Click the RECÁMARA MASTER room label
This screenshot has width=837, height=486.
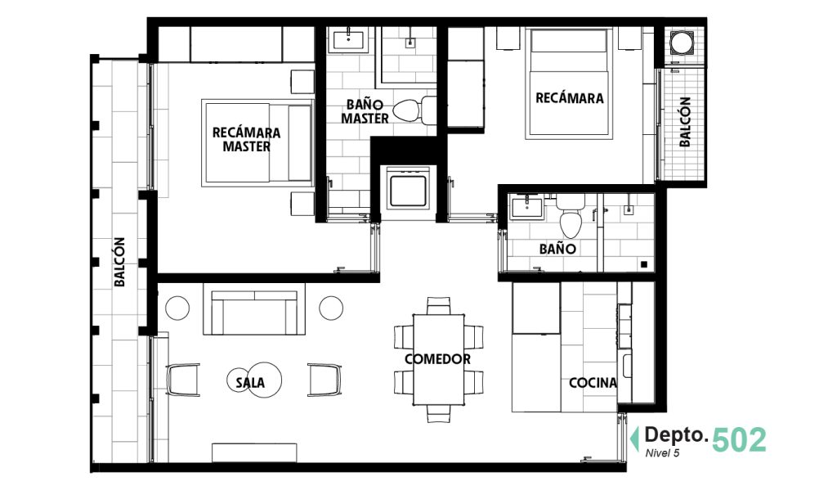pos(246,139)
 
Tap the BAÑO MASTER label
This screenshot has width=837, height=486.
pos(365,111)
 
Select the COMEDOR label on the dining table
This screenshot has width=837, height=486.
pos(438,359)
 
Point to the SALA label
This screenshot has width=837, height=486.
pos(250,382)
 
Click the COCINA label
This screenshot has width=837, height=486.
pos(593,382)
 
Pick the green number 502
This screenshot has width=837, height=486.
pos(739,440)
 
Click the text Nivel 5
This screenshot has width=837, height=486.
pos(662,453)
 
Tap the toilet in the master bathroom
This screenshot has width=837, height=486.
pos(414,110)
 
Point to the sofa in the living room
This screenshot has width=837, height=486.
pos(254,312)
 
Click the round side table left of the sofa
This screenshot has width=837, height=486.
pos(177,308)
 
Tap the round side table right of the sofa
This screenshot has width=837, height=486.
pos(332,308)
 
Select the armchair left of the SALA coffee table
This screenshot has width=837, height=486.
pos(183,380)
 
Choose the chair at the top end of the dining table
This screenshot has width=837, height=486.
pos(438,306)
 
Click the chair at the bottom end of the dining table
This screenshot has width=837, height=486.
pos(438,413)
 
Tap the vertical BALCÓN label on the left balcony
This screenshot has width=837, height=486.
pos(119,262)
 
